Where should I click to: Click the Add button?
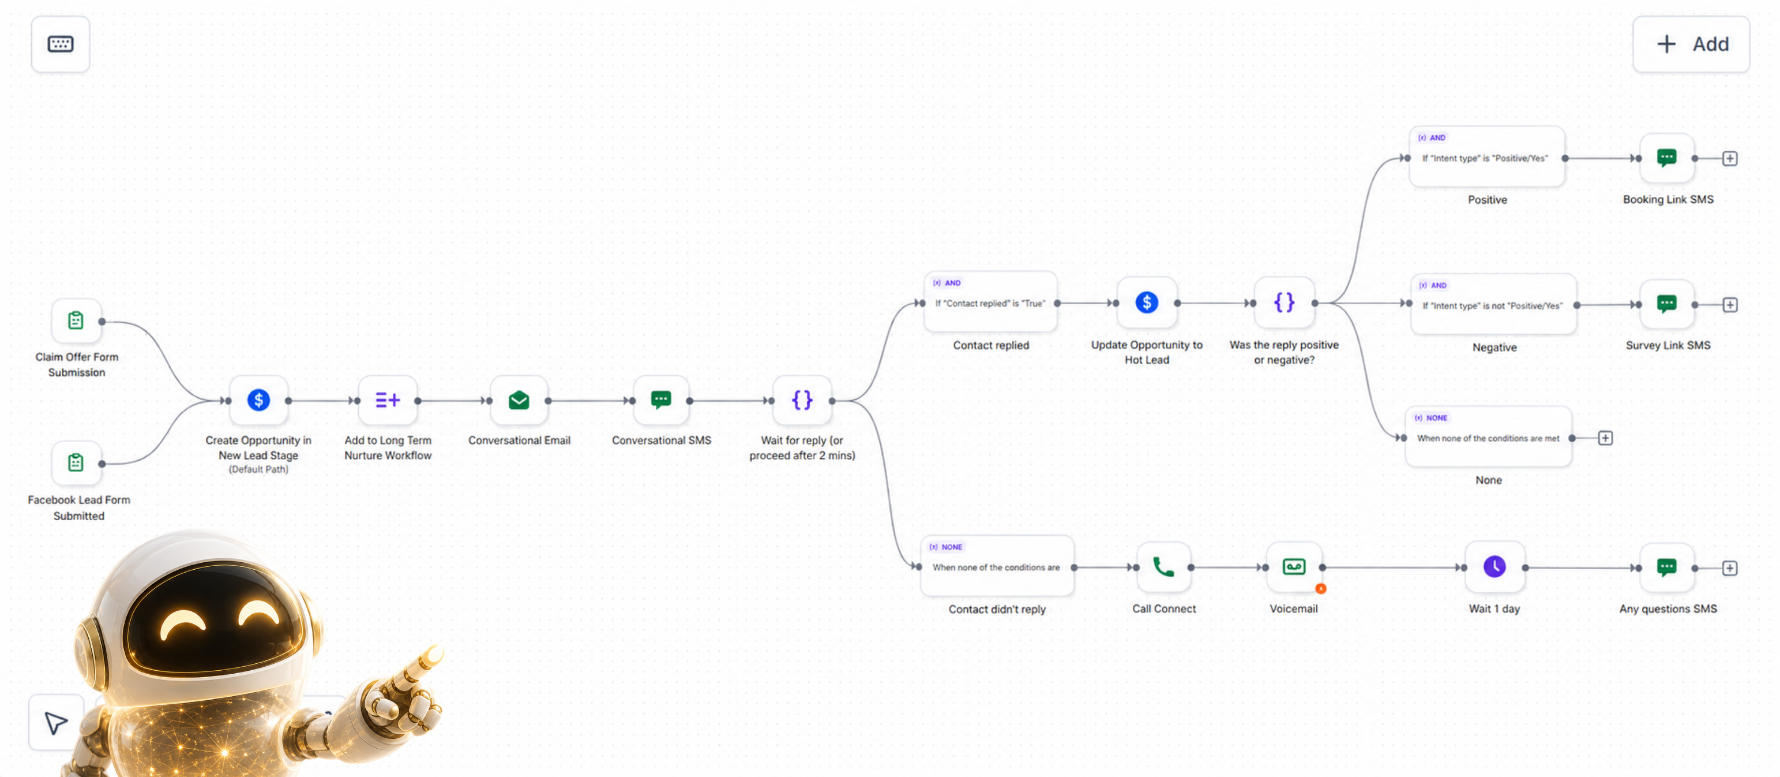point(1690,44)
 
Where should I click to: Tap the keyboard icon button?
point(60,44)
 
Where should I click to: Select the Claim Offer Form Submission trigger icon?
point(76,321)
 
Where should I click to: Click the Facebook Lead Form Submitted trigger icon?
point(76,462)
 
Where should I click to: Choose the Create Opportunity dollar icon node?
point(258,400)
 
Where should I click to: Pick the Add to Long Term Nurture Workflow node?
point(388,400)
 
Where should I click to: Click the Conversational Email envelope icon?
point(519,400)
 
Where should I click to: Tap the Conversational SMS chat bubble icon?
point(661,400)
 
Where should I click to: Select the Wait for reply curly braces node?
point(802,400)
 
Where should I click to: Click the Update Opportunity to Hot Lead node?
point(1147,303)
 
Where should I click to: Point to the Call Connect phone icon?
point(1163,567)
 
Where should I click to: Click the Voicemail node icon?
point(1294,567)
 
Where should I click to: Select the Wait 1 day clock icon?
point(1494,567)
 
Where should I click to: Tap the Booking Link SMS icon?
point(1667,158)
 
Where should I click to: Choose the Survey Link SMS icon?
point(1667,304)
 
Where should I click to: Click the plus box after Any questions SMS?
point(1730,568)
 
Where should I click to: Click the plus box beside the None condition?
point(1605,438)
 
